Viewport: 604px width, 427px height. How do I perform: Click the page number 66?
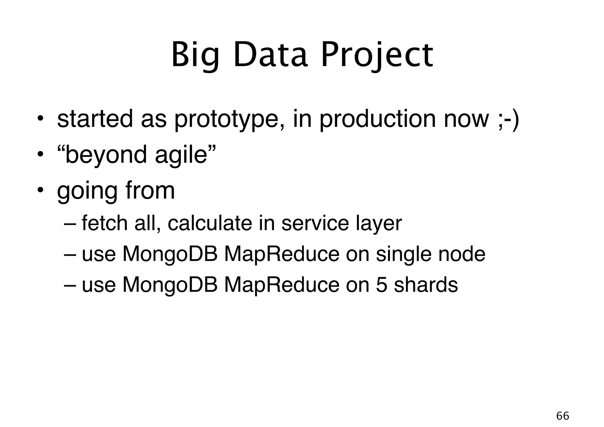tap(562, 416)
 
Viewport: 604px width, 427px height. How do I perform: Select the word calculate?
tap(210, 223)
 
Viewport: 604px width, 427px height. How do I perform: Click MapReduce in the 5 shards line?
tap(282, 285)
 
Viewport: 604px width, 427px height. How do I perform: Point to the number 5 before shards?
tap(382, 285)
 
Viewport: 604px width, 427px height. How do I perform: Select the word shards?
tap(426, 285)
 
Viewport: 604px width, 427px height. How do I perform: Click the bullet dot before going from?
tap(41, 190)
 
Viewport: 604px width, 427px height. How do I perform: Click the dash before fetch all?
tap(70, 224)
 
